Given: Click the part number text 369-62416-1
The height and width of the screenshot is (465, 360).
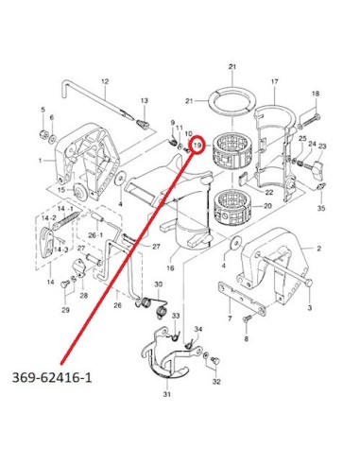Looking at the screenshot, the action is tap(52, 377).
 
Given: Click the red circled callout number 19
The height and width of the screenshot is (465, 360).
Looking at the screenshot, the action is tap(197, 146).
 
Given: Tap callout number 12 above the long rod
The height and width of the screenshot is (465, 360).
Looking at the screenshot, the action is tap(105, 81).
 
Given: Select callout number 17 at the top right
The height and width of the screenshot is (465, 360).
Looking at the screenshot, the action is tap(275, 82).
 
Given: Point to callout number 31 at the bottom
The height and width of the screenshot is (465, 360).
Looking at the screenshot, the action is tap(167, 394).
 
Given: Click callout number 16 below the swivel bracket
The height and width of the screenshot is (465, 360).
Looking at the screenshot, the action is tap(170, 268).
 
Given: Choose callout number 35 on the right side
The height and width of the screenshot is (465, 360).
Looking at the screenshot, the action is tap(321, 208).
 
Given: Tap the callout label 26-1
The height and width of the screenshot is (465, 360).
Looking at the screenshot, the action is tap(95, 234).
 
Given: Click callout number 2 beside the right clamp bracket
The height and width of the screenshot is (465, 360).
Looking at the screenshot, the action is tap(318, 249).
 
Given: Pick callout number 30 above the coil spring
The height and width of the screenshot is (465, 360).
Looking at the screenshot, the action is tap(158, 284).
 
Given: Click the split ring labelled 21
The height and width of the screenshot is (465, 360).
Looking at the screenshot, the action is tap(232, 101).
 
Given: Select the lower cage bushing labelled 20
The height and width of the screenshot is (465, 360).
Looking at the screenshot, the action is tap(232, 208).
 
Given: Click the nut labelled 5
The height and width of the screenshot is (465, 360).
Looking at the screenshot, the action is tap(43, 134).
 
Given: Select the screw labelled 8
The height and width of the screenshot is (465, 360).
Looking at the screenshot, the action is tap(247, 319).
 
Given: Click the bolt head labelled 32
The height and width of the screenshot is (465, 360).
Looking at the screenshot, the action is tap(216, 361).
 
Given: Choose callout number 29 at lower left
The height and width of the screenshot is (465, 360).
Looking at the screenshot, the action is tap(65, 310).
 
